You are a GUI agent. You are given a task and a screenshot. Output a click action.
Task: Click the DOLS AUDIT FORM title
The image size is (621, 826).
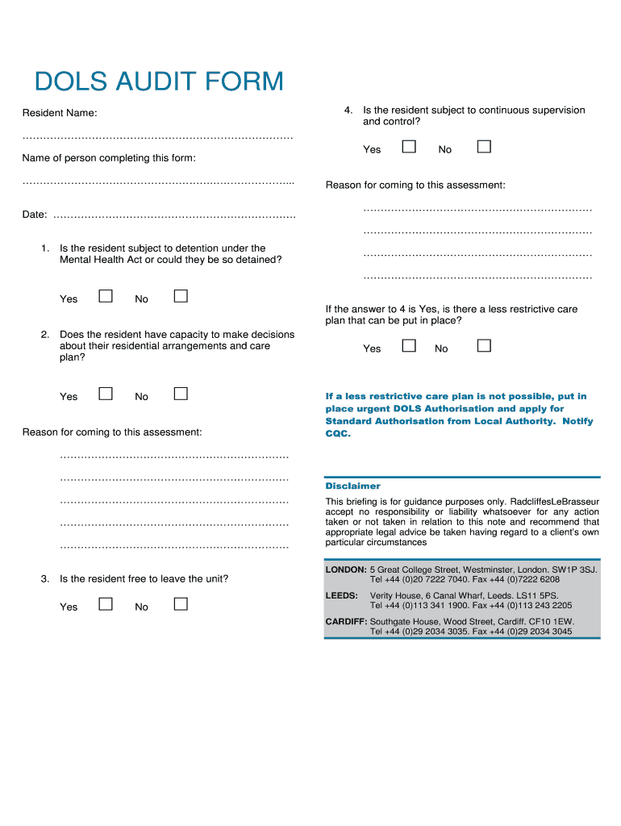tap(159, 81)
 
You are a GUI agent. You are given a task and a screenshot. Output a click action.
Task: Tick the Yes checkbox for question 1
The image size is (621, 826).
tap(106, 296)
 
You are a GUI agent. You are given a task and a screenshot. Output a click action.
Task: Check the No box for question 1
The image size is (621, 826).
tap(181, 296)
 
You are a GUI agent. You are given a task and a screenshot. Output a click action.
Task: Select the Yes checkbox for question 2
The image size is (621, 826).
tap(106, 394)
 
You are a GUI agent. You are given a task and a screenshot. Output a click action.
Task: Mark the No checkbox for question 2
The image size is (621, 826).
tap(181, 394)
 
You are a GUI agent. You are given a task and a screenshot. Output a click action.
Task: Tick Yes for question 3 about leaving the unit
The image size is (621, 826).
tap(106, 604)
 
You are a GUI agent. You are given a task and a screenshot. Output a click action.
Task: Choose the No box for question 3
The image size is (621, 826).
tap(181, 604)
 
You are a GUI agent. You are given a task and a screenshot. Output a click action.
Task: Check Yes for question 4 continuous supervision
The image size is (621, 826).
tap(409, 146)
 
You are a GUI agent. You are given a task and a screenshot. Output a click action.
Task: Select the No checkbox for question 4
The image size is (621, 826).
tap(484, 146)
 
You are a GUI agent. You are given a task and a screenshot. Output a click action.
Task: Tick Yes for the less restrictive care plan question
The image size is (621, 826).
tap(409, 345)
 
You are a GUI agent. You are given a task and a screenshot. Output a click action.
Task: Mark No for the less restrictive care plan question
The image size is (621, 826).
tap(484, 345)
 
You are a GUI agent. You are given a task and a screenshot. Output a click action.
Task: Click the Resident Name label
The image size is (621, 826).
tap(60, 114)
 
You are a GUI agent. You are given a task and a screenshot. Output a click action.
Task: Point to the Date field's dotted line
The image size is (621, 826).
tap(173, 216)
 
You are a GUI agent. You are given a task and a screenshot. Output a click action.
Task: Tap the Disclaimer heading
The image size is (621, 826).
tap(352, 486)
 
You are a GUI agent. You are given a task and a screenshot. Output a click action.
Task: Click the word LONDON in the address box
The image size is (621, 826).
tap(346, 569)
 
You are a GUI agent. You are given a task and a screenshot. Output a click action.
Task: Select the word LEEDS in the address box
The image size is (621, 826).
tap(341, 595)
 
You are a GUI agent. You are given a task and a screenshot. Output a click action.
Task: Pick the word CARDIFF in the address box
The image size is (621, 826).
tap(346, 622)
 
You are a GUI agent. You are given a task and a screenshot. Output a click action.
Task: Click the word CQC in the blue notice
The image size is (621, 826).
tap(338, 434)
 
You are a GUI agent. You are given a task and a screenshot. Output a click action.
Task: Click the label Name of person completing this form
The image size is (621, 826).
tap(109, 158)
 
